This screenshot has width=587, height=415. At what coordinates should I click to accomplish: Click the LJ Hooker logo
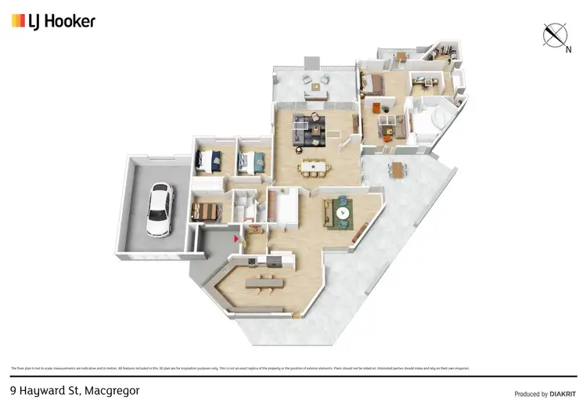53,21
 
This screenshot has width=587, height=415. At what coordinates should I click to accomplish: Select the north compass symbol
555,36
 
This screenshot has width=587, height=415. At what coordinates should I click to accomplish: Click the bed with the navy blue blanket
210,161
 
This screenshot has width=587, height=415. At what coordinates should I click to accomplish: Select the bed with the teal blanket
250,162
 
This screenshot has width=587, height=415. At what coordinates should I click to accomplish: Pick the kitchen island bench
261,280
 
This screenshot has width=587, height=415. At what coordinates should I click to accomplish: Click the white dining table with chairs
312,166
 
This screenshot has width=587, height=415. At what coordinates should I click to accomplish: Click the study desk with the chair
424,79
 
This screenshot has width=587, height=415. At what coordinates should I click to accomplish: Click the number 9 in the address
13,389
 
